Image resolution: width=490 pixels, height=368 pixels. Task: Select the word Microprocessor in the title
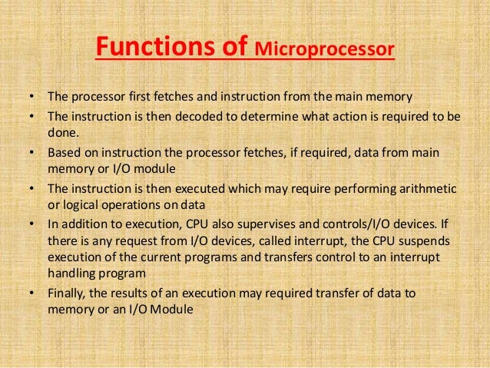324,51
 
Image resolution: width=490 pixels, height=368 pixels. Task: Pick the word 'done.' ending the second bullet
62,132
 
